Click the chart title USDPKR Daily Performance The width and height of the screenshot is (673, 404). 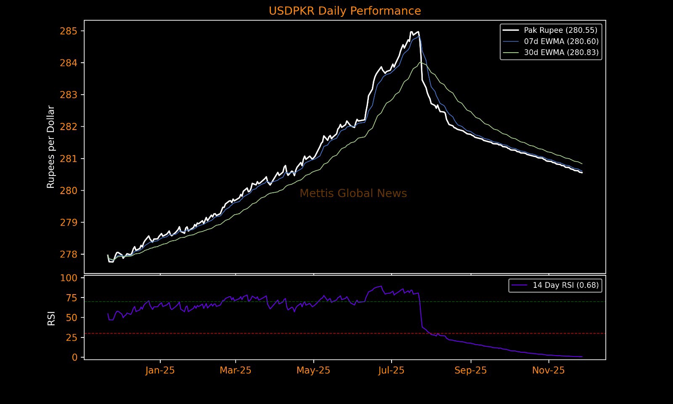(x=344, y=11)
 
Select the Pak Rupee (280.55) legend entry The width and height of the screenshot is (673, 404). (x=560, y=30)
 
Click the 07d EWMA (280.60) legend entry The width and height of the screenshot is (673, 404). (x=561, y=41)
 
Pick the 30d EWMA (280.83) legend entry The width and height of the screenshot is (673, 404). (x=561, y=53)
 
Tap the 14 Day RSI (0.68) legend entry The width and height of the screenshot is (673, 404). (x=565, y=285)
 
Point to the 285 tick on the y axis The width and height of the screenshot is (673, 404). (x=69, y=31)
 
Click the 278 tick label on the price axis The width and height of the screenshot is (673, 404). (x=69, y=255)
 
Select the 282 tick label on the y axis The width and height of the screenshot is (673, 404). (x=69, y=127)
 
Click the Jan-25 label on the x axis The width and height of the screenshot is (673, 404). (x=160, y=371)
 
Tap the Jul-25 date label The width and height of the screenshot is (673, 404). (x=391, y=371)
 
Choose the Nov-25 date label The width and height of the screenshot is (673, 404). (x=548, y=371)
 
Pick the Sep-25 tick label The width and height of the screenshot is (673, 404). (x=470, y=371)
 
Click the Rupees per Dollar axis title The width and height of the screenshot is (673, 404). (x=51, y=147)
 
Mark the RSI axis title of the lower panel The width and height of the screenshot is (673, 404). (x=51, y=318)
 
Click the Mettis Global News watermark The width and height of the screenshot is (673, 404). (x=353, y=194)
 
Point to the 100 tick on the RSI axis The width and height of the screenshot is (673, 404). (x=69, y=278)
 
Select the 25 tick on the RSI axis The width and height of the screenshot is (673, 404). (x=72, y=338)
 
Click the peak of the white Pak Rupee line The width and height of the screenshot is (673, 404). (x=411, y=32)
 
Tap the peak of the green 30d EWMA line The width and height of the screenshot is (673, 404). (x=420, y=62)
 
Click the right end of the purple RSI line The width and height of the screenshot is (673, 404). (x=582, y=357)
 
